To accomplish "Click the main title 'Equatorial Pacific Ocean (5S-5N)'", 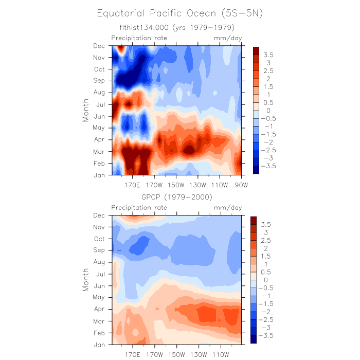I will tap(180, 13).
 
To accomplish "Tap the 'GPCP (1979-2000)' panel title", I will tap(177, 197).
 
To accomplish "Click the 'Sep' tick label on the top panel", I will tap(99, 81).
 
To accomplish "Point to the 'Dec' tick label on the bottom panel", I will tap(99, 215).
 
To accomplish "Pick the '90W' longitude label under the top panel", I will tap(241, 185).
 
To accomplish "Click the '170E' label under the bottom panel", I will tap(132, 354).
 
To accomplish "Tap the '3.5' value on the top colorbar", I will tap(268, 55).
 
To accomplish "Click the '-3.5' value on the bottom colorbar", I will tap(268, 335).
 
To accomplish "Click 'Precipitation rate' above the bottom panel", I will tap(139, 208).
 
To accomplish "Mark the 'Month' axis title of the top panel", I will tap(86, 111).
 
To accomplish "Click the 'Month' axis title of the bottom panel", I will tap(86, 280).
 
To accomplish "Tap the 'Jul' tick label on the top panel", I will tap(100, 104).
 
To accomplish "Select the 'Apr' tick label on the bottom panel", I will tap(99, 309).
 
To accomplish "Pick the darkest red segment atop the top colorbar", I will tap(256, 50).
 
